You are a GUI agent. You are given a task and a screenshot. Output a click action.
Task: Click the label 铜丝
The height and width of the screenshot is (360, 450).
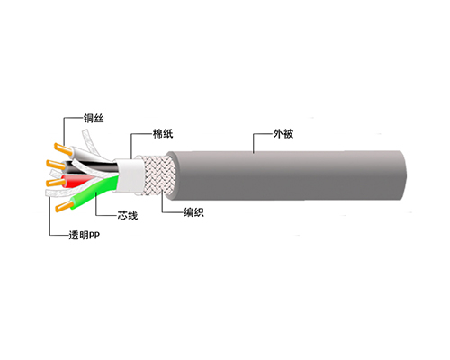pos(94,118)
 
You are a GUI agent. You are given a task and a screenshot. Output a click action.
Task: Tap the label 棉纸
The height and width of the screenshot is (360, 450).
pos(163,134)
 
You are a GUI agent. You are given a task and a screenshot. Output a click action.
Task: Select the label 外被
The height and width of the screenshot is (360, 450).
pos(283,134)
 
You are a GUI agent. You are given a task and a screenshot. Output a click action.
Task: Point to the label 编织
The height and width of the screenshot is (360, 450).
pos(193,212)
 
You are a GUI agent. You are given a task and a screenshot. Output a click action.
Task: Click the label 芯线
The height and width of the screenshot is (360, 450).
pos(128,215)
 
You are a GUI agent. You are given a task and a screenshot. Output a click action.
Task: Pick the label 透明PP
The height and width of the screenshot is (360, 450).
pos(85,235)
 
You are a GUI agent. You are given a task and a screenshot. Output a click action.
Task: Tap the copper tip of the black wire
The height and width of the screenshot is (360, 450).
pos(55,165)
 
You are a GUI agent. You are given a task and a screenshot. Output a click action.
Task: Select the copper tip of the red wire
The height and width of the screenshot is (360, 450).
pos(54,183)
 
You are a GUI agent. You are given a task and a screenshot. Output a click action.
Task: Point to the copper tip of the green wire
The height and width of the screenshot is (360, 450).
pos(65,207)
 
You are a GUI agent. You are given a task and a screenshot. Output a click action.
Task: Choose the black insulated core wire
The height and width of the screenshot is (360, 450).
pos(90,166)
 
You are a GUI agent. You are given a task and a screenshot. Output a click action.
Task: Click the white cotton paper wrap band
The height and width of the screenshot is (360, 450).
pos(130,175)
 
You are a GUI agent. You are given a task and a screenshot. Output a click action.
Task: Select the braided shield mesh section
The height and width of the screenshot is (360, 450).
pos(156,175)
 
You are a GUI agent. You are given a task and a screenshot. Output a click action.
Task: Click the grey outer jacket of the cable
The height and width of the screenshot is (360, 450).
pos(286,175)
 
